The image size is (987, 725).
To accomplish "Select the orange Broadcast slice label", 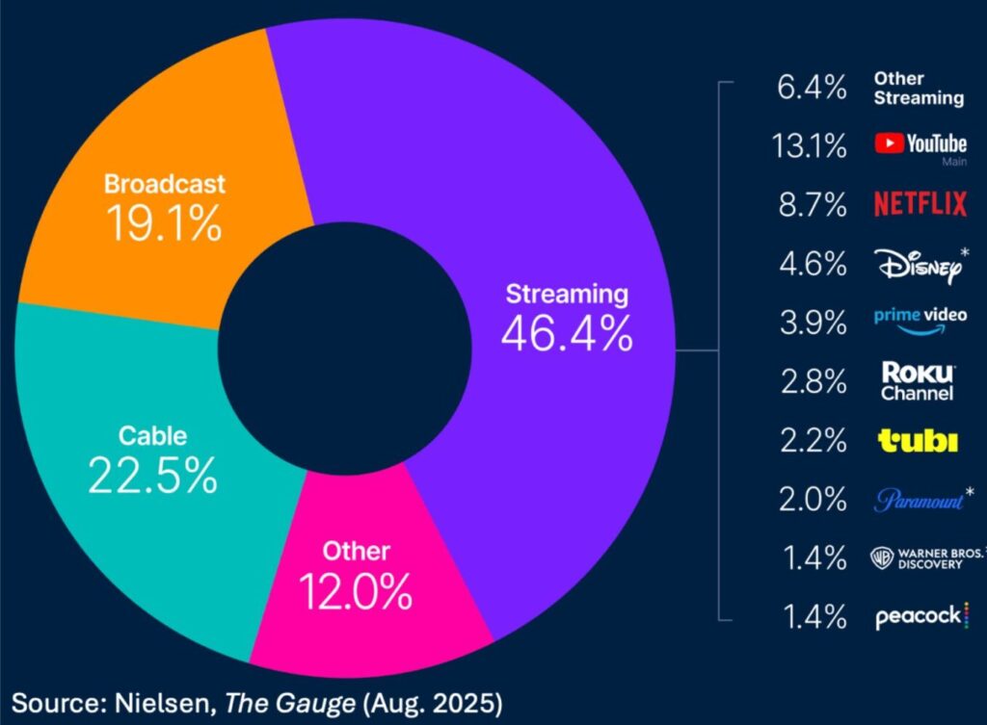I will coord(165,183).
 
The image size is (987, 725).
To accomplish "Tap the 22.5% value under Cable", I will coord(152,475).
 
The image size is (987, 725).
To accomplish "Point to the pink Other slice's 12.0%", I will coord(356,592).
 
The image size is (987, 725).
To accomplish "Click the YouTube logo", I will coord(920,145).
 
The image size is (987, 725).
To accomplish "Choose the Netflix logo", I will coord(920,204).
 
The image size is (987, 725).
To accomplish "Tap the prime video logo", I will coord(920,320).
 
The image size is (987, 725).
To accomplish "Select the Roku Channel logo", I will coord(917,381).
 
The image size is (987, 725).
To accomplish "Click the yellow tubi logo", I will coord(918,441).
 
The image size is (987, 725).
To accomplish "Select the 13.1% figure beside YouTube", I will coord(809,146).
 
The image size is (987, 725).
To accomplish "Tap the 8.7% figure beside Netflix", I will coord(813,205).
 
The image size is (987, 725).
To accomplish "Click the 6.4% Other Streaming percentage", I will coord(813,88).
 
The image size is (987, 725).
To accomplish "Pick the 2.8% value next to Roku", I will coord(813,382).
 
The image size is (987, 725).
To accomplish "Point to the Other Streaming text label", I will coord(918,88).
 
